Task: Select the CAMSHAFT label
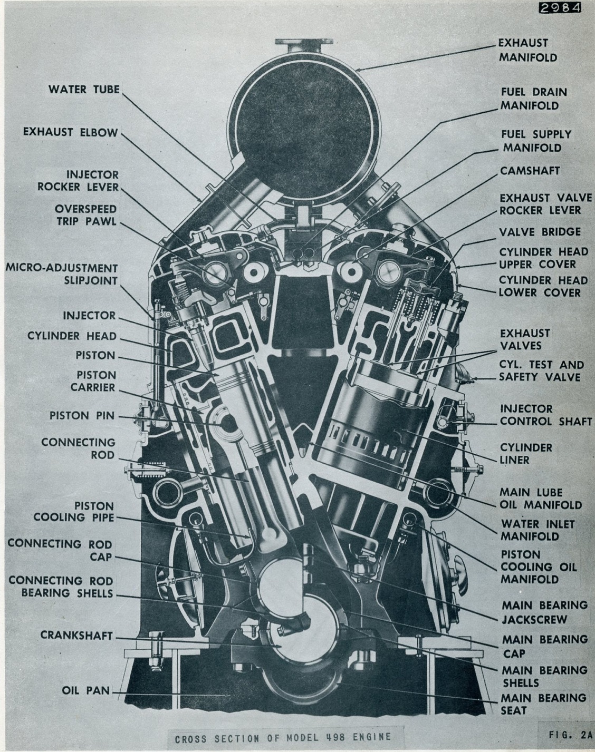[530, 170]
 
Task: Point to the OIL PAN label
[85, 690]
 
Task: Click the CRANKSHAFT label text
[76, 636]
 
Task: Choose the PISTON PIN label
[82, 415]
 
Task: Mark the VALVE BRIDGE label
[540, 231]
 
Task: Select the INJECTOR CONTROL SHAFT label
[541, 415]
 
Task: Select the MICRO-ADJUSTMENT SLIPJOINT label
[61, 274]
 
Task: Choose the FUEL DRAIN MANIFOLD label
[533, 99]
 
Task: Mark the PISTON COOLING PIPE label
[74, 511]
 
